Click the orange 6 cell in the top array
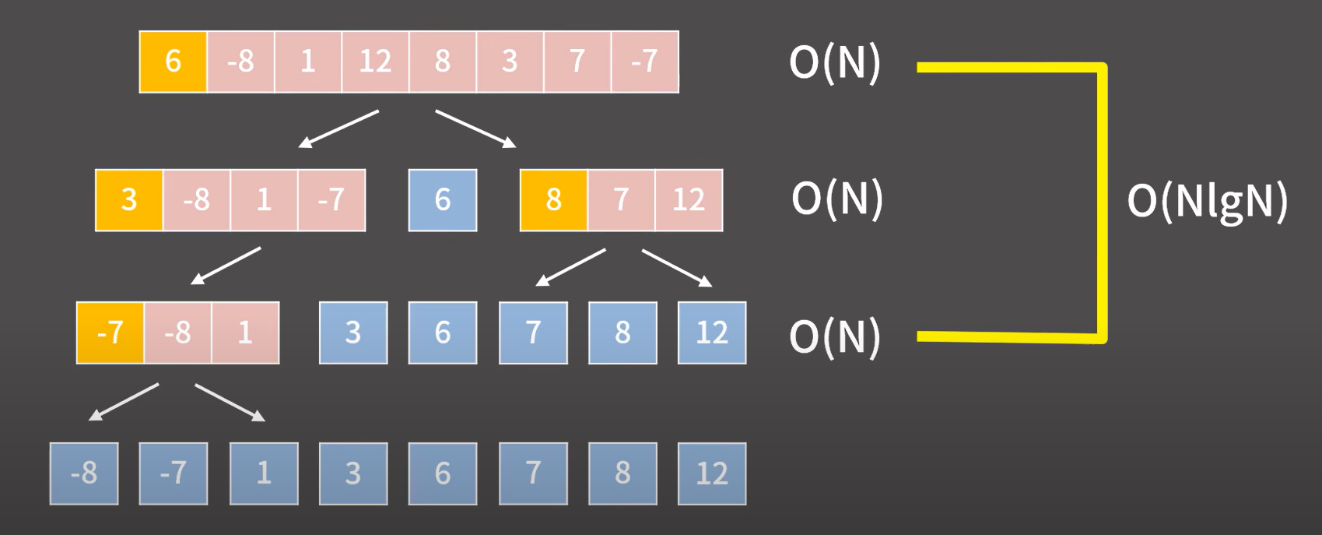pos(173,62)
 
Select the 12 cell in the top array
pos(375,62)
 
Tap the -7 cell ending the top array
pos(644,62)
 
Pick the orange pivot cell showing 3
pos(129,200)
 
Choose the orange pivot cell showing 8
pos(553,200)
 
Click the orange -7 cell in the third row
pos(110,333)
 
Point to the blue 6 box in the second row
pos(443,200)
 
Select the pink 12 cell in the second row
pos(689,200)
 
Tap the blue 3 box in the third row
pos(353,333)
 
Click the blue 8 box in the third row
pos(622,333)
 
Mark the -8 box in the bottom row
pos(84,473)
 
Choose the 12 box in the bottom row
pos(712,473)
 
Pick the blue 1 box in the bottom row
pos(264,473)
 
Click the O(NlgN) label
pos(1207,201)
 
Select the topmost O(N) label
pos(835,62)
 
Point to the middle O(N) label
pos(837,199)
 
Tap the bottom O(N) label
pos(835,337)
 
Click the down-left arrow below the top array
pos(338,128)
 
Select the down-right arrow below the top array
pos(475,128)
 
